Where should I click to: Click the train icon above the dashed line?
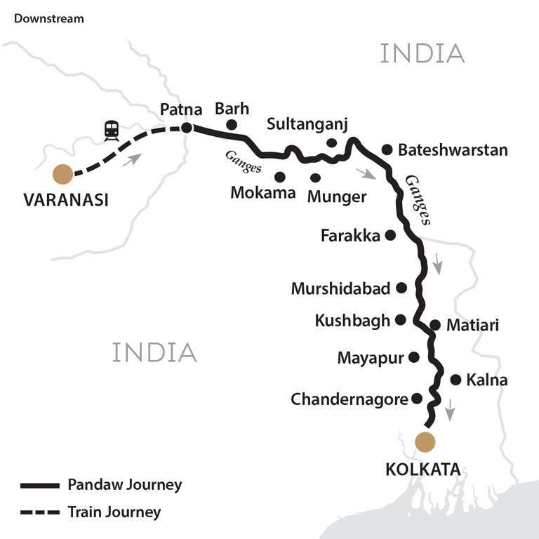[x=111, y=129]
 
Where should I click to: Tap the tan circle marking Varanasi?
[x=63, y=173]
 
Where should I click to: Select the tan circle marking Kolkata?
[x=425, y=442]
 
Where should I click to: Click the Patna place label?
[x=181, y=109]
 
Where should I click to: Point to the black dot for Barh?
[x=231, y=125]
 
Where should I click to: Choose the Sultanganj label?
[x=307, y=124]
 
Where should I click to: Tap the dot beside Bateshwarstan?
[x=386, y=149]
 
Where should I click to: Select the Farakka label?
[x=350, y=236]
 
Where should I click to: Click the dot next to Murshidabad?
[x=401, y=287]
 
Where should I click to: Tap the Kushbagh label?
[x=352, y=321]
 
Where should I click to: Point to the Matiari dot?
[x=435, y=325]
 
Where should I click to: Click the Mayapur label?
[x=371, y=358]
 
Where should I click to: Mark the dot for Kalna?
[x=455, y=380]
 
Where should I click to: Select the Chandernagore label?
[x=350, y=399]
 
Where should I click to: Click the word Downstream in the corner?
[x=49, y=18]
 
